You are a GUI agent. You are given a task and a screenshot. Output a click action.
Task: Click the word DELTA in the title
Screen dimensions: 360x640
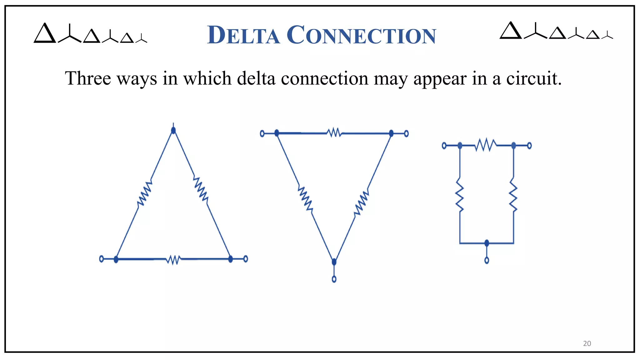243,35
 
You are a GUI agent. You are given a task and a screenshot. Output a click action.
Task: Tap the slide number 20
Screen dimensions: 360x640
587,343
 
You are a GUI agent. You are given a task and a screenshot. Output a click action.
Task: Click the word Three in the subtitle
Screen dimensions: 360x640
88,78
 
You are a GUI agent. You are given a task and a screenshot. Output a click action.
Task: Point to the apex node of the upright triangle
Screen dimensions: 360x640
173,130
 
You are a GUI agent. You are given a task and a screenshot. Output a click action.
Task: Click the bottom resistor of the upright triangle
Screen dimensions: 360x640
173,259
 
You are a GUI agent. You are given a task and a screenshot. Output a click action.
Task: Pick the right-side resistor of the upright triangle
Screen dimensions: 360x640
201,189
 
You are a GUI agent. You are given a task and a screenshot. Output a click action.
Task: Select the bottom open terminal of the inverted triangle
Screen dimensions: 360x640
334,279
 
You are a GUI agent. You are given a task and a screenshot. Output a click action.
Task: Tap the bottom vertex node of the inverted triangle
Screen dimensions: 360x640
334,262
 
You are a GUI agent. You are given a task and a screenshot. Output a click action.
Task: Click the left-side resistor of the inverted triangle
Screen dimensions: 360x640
305,198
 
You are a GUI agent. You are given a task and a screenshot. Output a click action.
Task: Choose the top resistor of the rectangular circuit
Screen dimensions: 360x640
485,145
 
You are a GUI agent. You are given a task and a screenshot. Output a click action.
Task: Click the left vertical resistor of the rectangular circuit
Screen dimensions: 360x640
460,194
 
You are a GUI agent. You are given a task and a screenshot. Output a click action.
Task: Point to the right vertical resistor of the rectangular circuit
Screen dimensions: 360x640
513,194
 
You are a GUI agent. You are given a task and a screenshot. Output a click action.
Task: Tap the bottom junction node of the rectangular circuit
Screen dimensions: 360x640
487,243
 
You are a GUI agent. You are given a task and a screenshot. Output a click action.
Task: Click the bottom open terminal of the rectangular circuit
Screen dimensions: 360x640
487,260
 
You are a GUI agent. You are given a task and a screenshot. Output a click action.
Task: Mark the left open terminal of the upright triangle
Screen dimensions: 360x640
101,259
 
